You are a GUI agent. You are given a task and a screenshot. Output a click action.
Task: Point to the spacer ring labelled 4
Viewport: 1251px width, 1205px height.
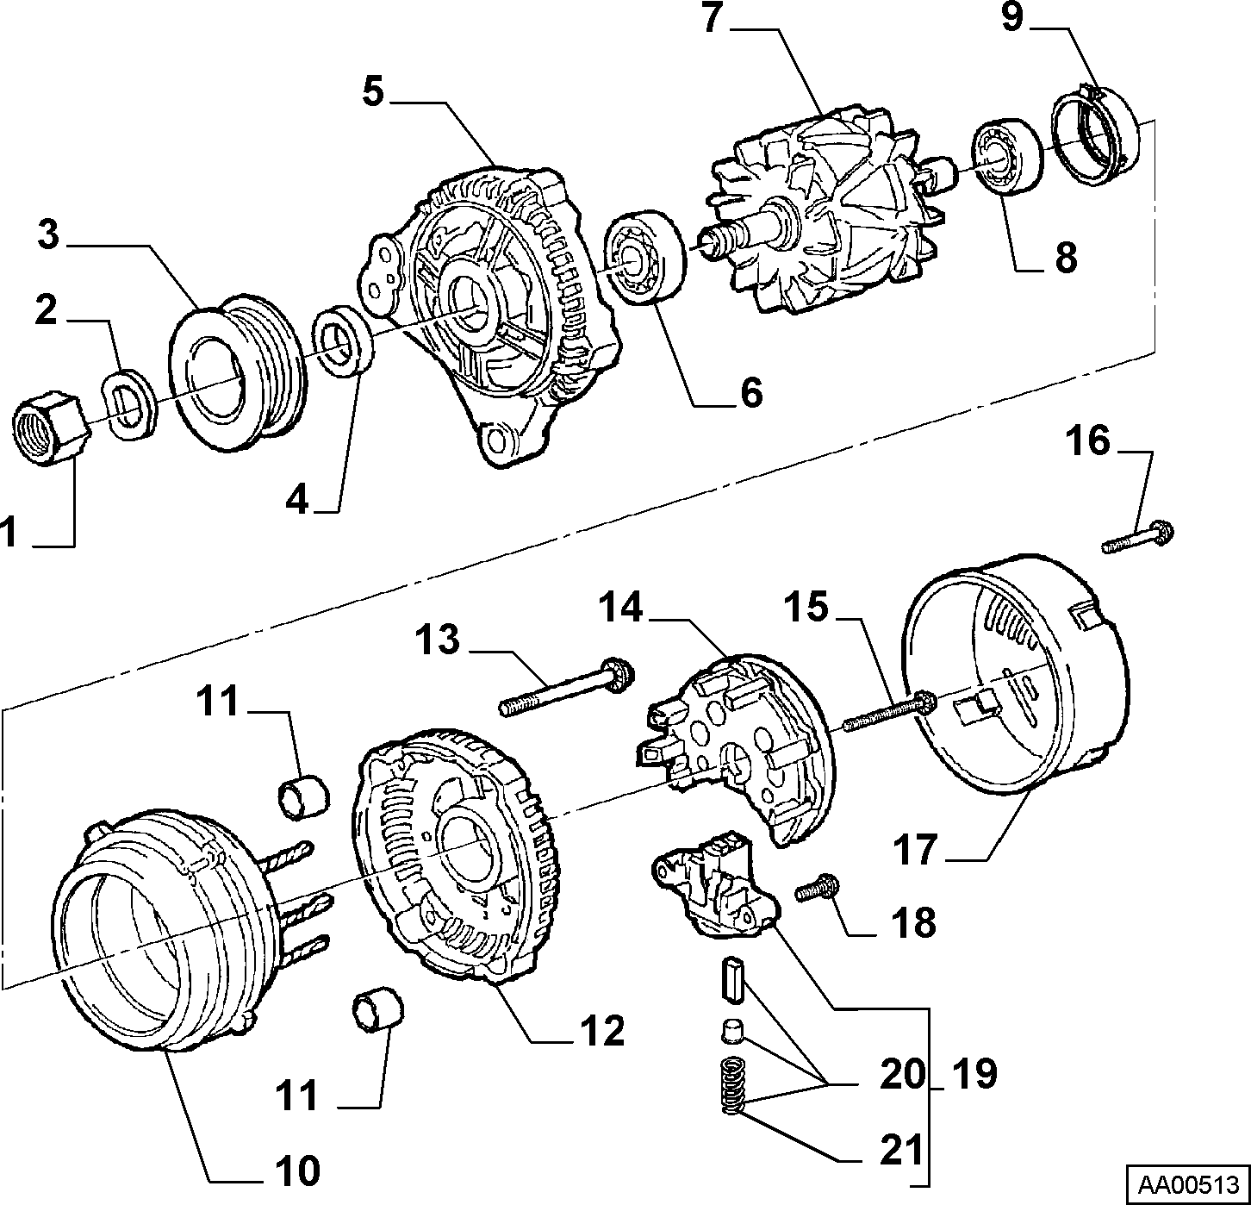343,340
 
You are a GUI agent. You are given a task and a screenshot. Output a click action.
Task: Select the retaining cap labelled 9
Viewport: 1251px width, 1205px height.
1095,136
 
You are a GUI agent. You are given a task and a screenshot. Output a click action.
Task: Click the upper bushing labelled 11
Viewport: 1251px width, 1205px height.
303,797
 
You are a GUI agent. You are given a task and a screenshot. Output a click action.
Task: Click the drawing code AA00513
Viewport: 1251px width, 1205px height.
1188,1183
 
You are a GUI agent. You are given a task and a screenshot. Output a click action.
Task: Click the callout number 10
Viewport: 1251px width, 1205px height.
297,1170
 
